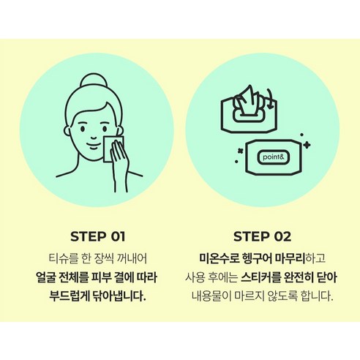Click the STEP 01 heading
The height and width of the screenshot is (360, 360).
pos(98,236)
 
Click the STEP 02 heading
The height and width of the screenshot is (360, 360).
pos(263,236)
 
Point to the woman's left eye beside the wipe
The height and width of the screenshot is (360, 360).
pos(105,129)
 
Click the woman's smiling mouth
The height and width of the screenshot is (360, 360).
pos(93,146)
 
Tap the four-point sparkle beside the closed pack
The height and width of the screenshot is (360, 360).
pos(307,145)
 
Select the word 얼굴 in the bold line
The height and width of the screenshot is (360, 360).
pos(44,277)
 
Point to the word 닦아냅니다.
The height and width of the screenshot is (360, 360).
pos(119,296)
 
